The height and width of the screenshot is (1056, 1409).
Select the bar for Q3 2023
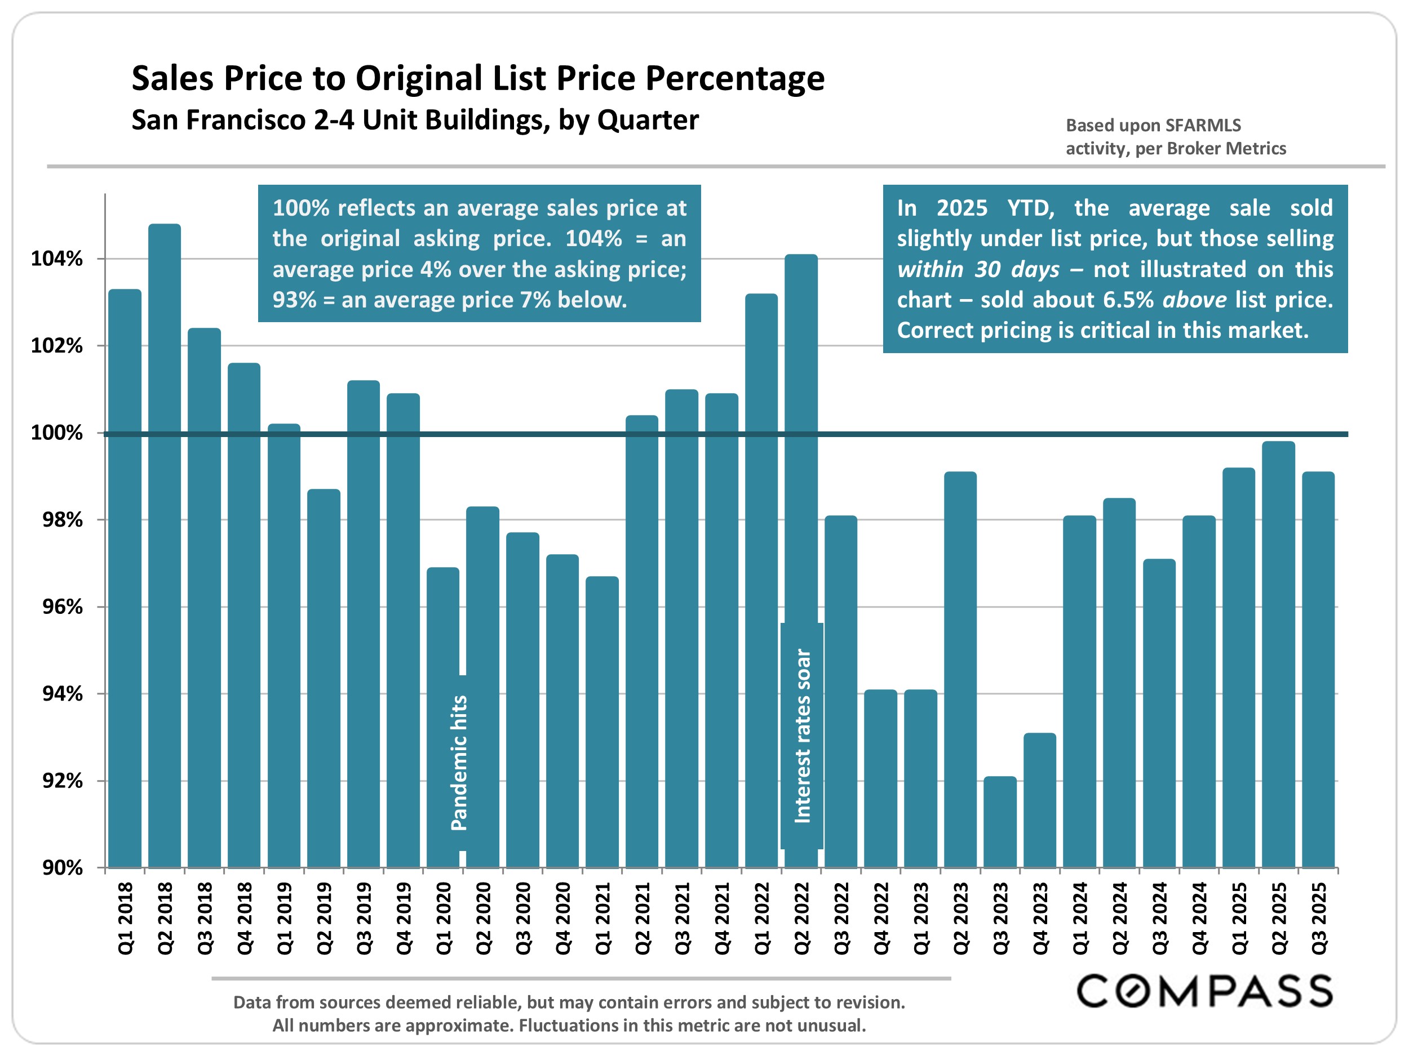click(1000, 822)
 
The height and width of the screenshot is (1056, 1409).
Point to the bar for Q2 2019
click(324, 678)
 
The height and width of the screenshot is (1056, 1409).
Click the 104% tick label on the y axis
click(57, 259)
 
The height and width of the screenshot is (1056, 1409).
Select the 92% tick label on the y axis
click(63, 781)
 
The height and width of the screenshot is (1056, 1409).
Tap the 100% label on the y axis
click(57, 434)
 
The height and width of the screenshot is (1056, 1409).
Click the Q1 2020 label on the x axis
click(444, 918)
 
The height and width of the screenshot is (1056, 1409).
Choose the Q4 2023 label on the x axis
click(1040, 918)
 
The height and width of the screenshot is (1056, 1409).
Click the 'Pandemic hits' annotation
click(459, 763)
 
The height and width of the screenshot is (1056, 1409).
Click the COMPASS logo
click(1204, 991)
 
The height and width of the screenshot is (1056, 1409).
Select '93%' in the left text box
click(294, 300)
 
